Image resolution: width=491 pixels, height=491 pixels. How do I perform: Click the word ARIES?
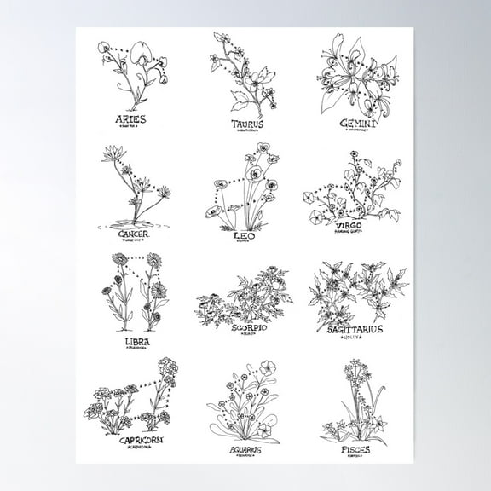coord(132,121)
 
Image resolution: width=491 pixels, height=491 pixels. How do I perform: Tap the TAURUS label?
coord(247,124)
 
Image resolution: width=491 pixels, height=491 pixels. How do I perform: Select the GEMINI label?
coord(352,123)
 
